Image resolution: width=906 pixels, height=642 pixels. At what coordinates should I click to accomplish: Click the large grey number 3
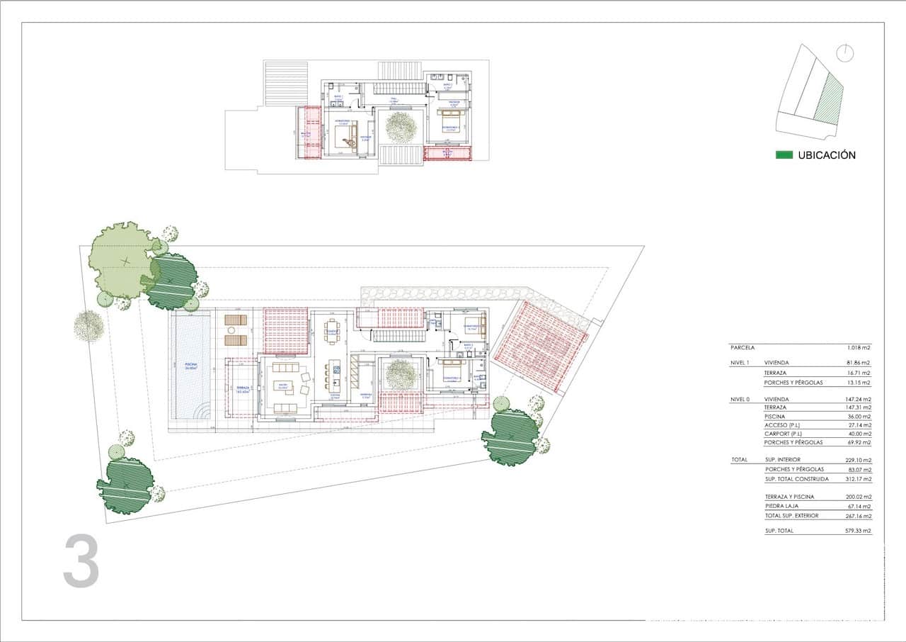tap(81, 561)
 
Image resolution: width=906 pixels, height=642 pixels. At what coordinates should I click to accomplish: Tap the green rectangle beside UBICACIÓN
tap(784, 155)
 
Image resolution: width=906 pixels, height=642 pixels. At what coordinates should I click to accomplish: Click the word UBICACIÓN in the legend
tap(827, 155)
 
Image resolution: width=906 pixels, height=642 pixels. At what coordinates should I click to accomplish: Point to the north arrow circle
tap(844, 52)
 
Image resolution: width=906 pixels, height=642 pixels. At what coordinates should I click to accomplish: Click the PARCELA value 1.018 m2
tap(859, 348)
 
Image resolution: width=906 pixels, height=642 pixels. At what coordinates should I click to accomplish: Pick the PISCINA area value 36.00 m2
tap(859, 417)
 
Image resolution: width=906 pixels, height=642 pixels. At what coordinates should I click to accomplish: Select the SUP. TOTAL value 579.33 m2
tap(859, 530)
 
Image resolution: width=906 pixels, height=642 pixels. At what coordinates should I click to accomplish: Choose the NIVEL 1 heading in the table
tap(740, 363)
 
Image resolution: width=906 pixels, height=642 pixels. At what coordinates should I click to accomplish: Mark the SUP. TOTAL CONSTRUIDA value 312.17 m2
tap(859, 479)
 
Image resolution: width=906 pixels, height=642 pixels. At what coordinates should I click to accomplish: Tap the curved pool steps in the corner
tap(202, 411)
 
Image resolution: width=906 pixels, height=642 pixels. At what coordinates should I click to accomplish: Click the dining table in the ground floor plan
tap(331, 330)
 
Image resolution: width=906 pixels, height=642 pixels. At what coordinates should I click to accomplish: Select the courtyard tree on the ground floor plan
tap(401, 373)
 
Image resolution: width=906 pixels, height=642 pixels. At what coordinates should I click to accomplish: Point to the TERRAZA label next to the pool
tap(241, 389)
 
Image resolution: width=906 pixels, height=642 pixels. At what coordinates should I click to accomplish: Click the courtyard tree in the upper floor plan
tap(401, 128)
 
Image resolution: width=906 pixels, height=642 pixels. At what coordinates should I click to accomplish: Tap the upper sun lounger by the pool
tap(236, 320)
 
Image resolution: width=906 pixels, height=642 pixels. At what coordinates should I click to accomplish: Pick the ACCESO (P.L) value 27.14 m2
tap(859, 425)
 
